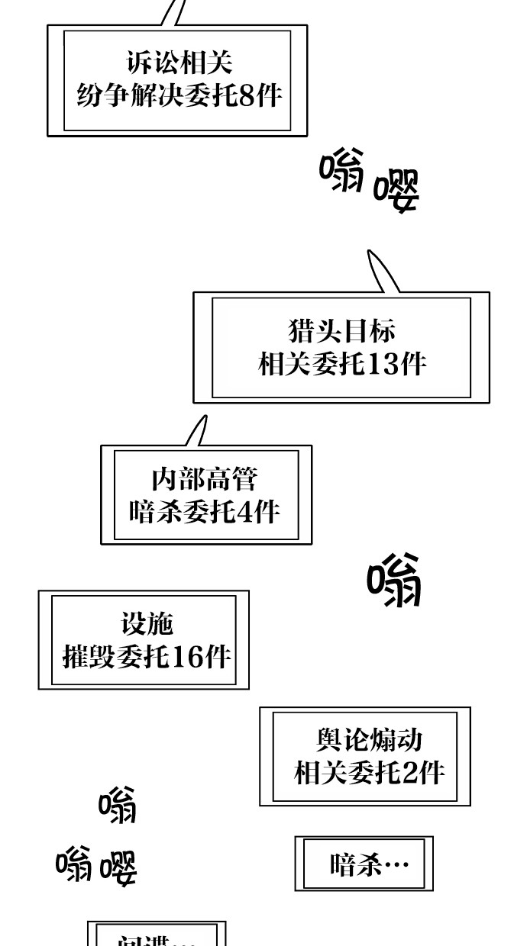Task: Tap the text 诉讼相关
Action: (179, 63)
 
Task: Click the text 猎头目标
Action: (341, 331)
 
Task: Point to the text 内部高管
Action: (205, 480)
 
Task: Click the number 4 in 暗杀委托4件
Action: (244, 510)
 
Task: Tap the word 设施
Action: (147, 623)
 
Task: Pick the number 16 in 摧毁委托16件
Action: (189, 656)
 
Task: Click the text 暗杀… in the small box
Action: (369, 865)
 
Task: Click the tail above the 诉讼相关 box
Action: (173, 11)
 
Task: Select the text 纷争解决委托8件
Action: (179, 96)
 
